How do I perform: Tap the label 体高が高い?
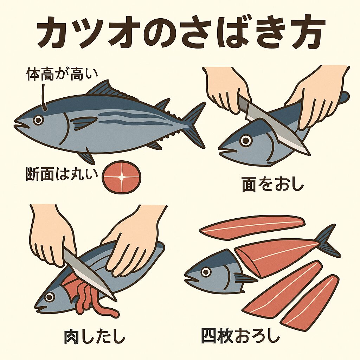(62, 75)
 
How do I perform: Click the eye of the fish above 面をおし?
(246, 141)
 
